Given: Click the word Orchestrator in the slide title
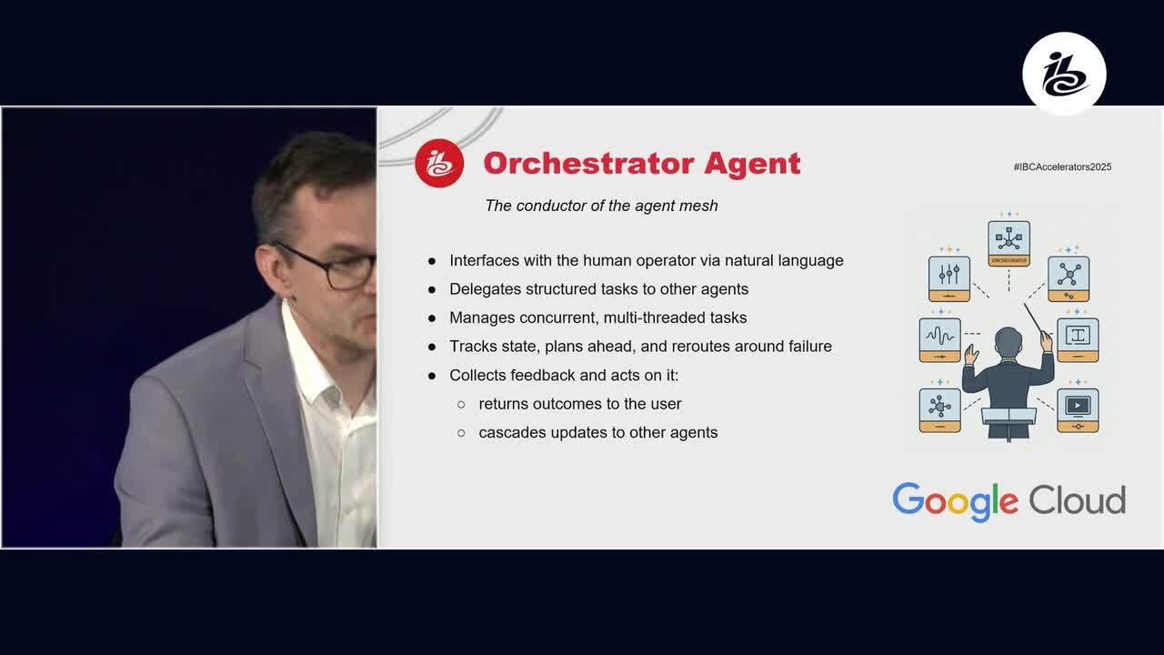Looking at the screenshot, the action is click(588, 163).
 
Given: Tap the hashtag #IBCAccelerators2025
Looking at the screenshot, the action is click(1062, 166).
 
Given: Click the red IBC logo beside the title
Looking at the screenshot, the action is click(439, 163).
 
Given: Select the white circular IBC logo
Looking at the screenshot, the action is click(1064, 74).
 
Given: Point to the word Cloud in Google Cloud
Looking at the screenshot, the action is click(1078, 500).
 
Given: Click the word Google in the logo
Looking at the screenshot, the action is click(955, 502).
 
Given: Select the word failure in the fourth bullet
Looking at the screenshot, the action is click(810, 347).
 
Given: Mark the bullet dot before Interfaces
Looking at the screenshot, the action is click(432, 261).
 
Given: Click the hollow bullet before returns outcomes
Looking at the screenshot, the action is click(461, 405).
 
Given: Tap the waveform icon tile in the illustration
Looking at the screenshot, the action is click(939, 340).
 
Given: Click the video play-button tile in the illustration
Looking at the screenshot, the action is click(1078, 410).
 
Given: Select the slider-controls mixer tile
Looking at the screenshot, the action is click(949, 278).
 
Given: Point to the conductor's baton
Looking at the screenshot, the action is click(1033, 318).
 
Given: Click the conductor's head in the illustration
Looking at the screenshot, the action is click(1008, 341).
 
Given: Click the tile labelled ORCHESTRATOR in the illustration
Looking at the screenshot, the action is click(1008, 243).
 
